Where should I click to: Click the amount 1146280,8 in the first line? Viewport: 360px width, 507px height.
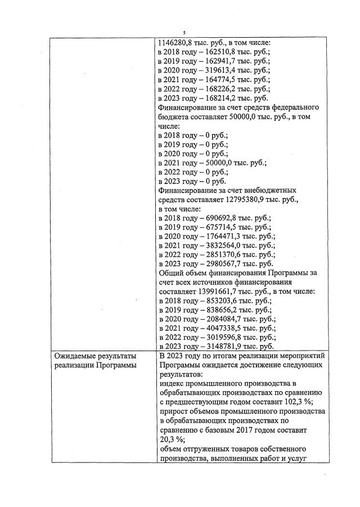(x=177, y=42)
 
